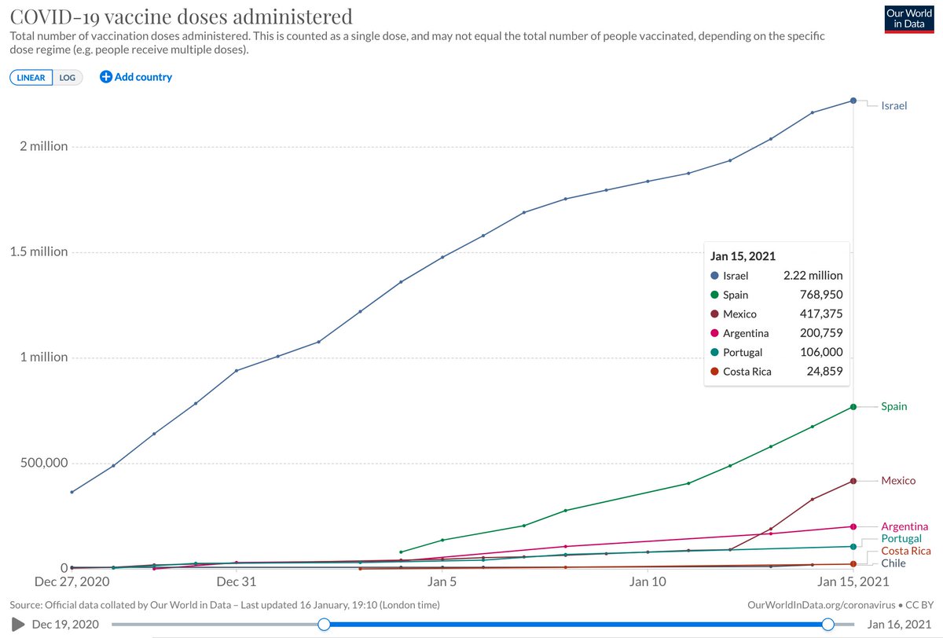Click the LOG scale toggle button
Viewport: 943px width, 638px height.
(68, 78)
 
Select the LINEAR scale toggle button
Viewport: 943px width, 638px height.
(31, 78)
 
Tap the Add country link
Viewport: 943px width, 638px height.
(136, 77)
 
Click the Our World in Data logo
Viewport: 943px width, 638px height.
(909, 19)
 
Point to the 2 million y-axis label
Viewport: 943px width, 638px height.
(44, 146)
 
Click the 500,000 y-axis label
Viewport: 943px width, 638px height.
(44, 463)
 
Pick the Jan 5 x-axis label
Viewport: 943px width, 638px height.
(442, 581)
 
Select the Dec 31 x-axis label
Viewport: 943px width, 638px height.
(237, 581)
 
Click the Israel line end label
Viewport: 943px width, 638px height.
(894, 105)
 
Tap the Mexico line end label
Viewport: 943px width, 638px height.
(898, 481)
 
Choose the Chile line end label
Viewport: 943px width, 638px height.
(893, 563)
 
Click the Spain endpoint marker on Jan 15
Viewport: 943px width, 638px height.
(853, 407)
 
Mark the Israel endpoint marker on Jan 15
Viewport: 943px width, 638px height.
(853, 101)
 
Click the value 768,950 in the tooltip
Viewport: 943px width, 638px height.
(821, 295)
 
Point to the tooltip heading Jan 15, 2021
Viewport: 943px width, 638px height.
(743, 256)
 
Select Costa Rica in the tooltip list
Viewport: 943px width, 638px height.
(747, 372)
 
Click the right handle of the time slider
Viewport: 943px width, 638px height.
(827, 624)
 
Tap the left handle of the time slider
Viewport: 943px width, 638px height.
(324, 624)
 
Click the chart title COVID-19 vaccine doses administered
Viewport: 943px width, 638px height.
(181, 16)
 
